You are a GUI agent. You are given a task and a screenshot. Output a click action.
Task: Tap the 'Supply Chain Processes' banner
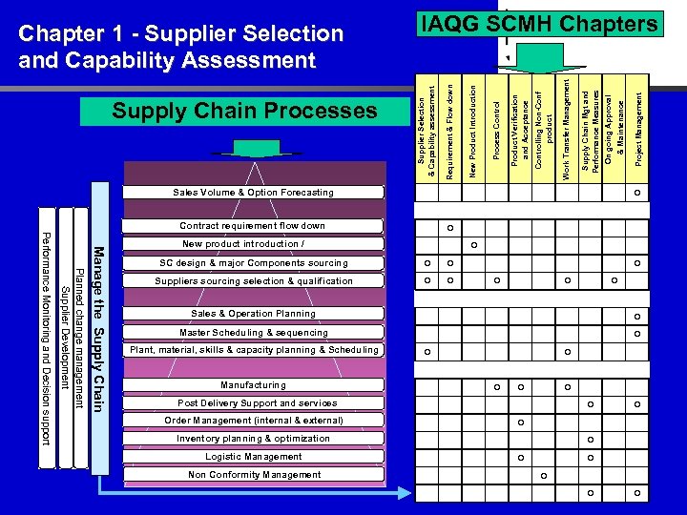pos(245,111)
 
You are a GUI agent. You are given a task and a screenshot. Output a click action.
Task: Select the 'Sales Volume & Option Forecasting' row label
pos(253,193)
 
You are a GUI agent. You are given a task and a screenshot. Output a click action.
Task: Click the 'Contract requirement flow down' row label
pos(253,226)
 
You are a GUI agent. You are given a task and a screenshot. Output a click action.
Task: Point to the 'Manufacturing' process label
pos(253,385)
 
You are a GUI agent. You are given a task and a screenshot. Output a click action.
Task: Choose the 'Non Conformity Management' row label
pos(254,475)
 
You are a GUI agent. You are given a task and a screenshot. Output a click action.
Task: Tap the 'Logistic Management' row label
pos(254,457)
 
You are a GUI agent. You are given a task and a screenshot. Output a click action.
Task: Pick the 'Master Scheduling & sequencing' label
pos(254,333)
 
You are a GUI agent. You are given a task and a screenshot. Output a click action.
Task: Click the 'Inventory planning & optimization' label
pos(254,439)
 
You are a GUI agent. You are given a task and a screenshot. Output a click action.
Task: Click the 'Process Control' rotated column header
pos(496,134)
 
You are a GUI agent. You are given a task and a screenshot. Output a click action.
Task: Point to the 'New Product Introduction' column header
pos(472,129)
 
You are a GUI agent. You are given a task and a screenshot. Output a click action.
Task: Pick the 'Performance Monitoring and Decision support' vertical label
pos(44,338)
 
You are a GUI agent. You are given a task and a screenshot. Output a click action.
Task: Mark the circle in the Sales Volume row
pos(638,194)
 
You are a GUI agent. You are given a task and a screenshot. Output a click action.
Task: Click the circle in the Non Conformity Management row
pos(543,476)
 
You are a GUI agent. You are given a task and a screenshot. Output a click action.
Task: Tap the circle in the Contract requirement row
pos(449,228)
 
